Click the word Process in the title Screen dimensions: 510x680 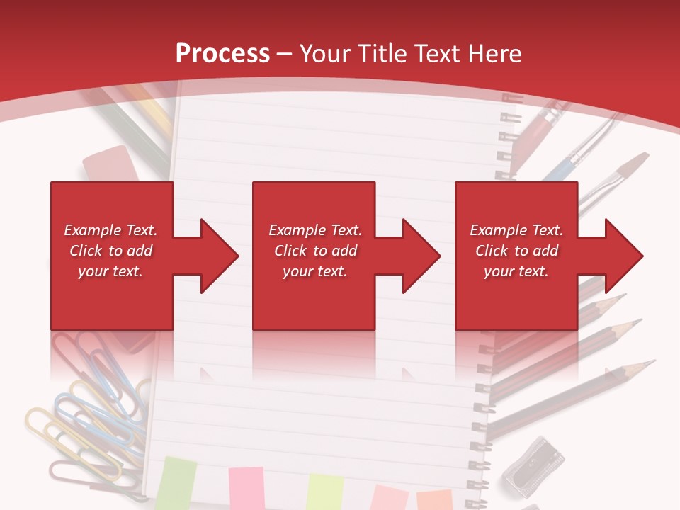(x=222, y=53)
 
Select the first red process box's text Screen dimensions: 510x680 (x=110, y=251)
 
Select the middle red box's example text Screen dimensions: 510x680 (x=315, y=251)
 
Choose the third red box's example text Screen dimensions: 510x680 (x=516, y=251)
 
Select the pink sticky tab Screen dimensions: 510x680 (x=246, y=488)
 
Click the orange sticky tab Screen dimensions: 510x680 (x=434, y=499)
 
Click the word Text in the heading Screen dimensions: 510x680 (x=439, y=53)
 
